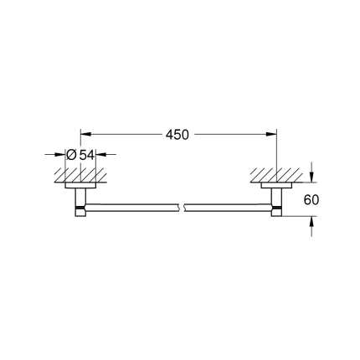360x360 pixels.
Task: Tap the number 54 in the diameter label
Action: tap(88, 154)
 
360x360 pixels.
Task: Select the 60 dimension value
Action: tap(312, 200)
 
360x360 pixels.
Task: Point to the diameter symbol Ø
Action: tap(72, 154)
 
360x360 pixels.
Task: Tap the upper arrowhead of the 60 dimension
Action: tap(312, 178)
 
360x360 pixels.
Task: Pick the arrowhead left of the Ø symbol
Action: tap(61, 154)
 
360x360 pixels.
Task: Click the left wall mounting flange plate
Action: tap(80, 183)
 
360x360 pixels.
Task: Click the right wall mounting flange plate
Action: tap(276, 183)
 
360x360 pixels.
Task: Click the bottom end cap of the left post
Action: tap(80, 212)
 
